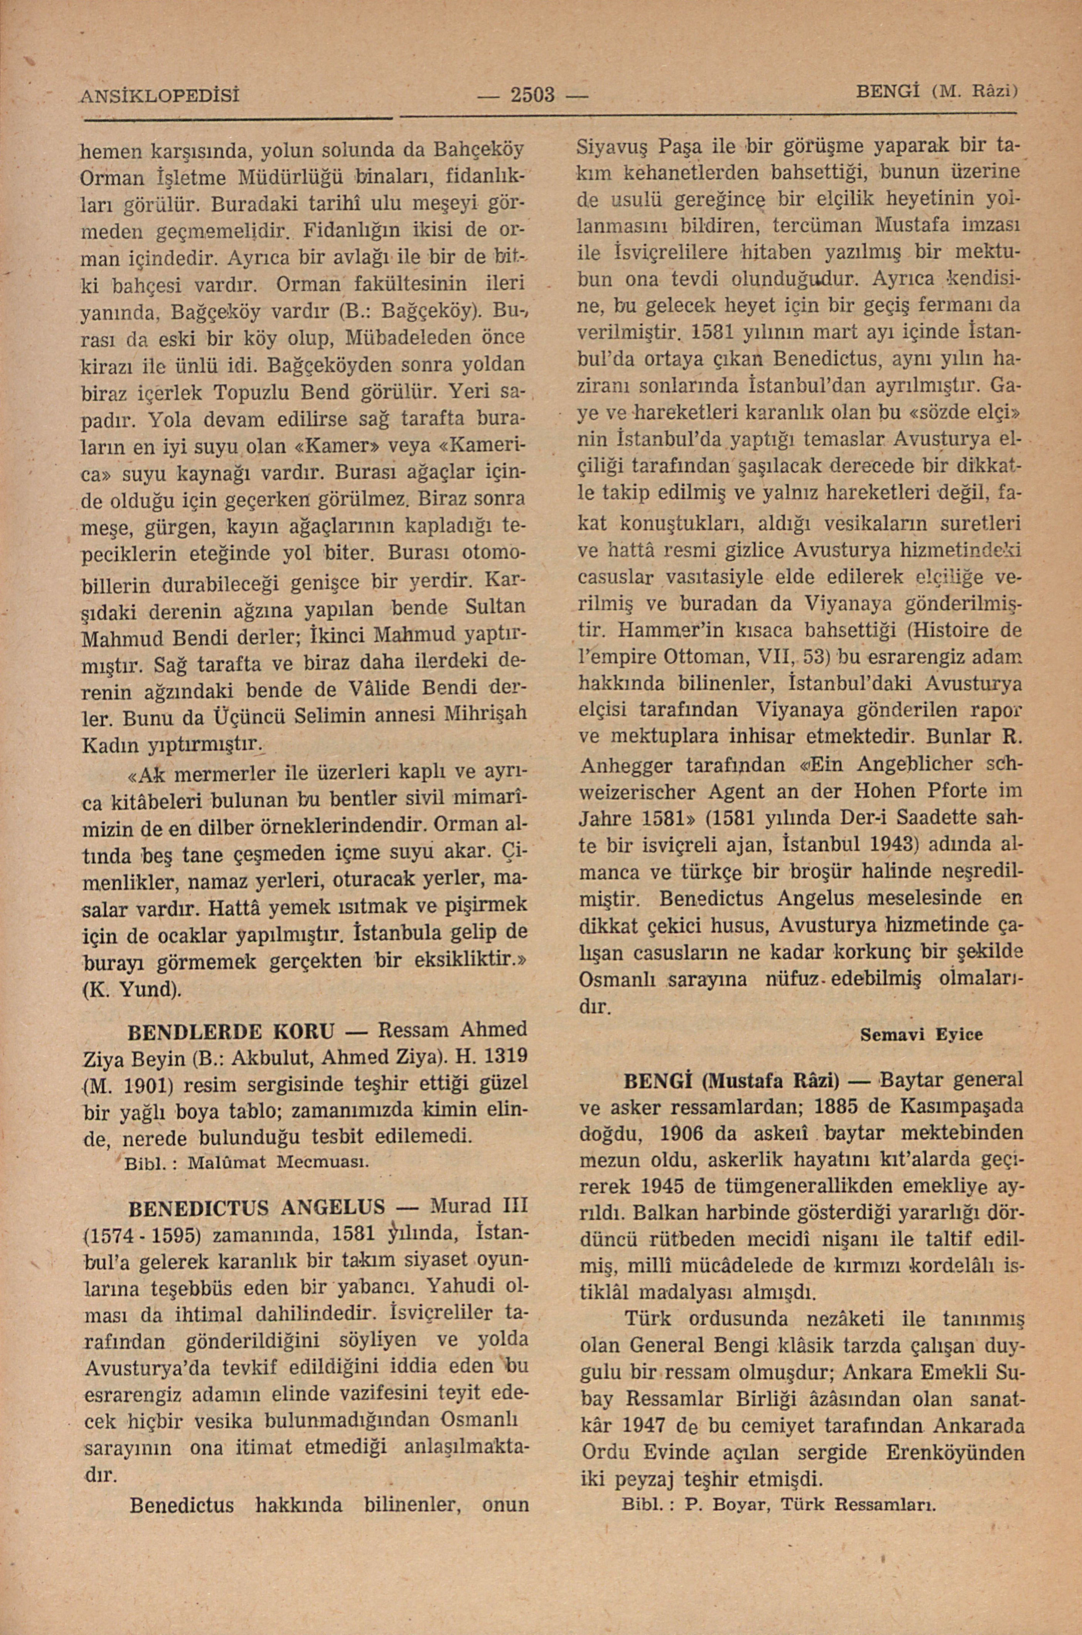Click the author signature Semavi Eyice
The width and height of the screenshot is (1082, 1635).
(921, 1034)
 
